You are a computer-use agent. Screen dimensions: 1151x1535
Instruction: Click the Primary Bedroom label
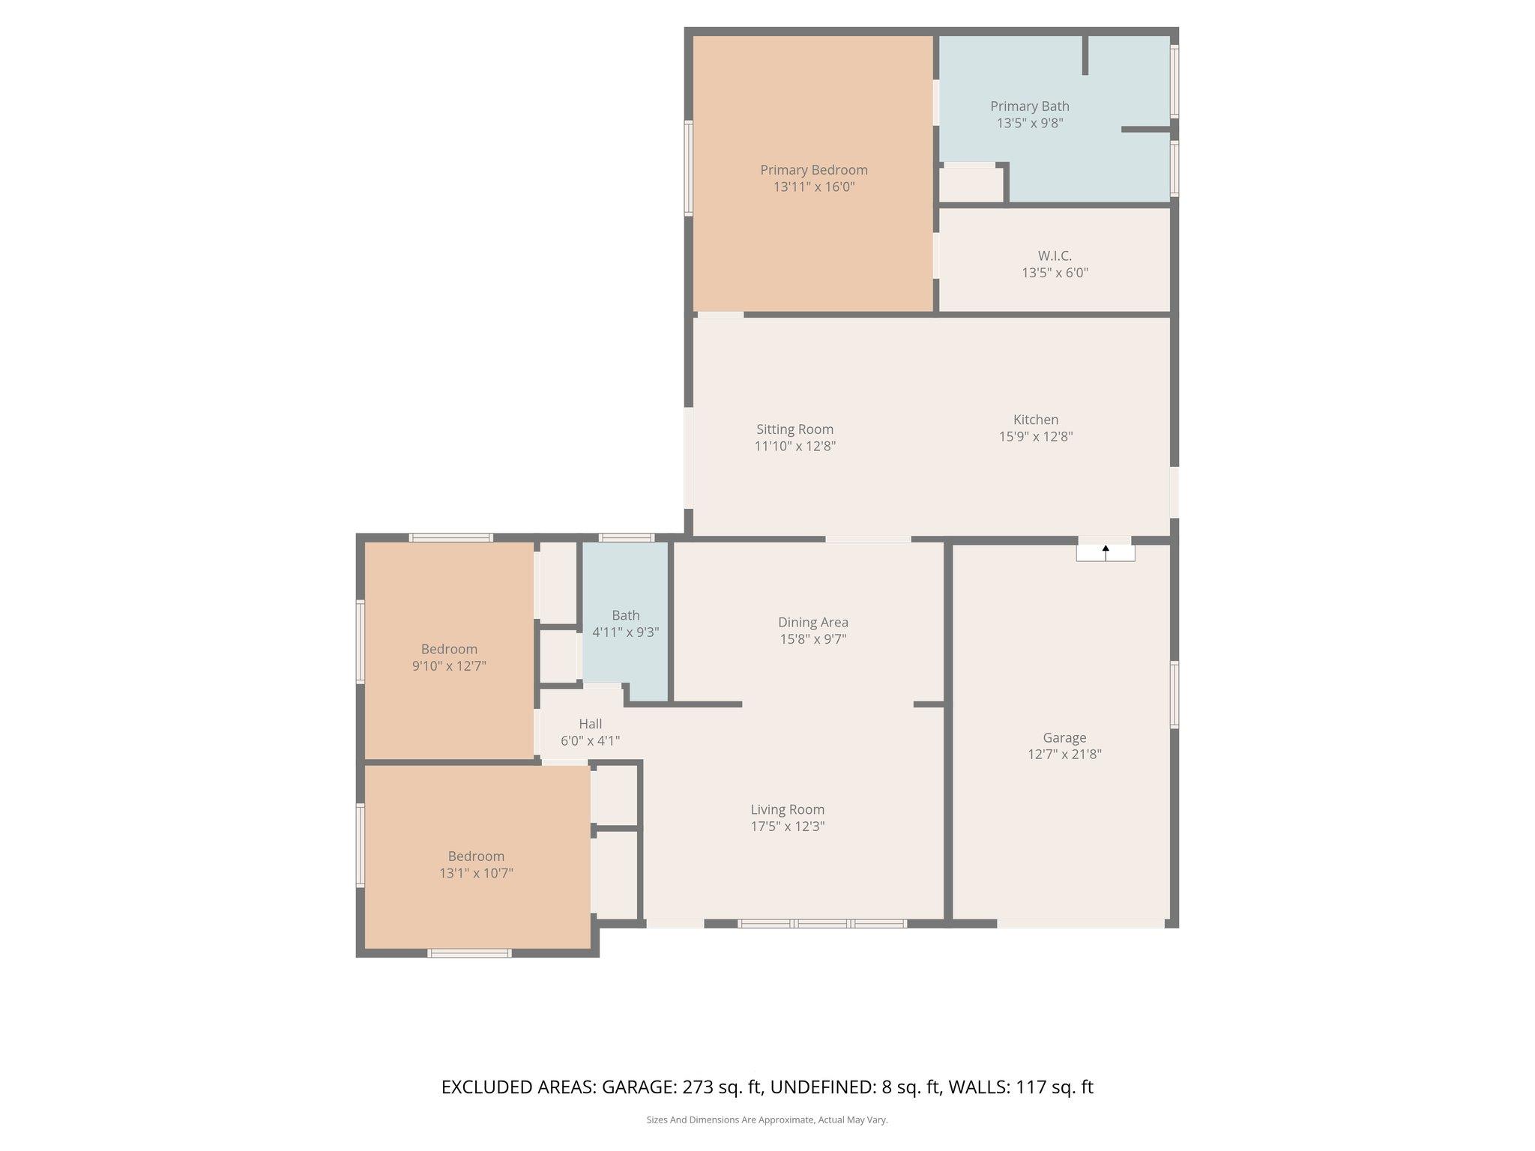(814, 170)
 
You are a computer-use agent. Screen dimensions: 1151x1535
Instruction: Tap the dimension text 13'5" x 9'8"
(1030, 124)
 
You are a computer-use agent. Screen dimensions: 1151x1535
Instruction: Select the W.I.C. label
(1055, 256)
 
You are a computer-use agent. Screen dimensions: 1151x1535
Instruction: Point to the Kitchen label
(1036, 420)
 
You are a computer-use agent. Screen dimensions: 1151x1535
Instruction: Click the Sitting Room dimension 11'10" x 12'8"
(794, 447)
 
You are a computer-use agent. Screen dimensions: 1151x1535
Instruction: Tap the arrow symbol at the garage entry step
(1106, 551)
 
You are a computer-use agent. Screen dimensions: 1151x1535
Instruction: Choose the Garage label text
(1064, 737)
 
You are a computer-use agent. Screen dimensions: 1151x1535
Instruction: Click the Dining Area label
(813, 622)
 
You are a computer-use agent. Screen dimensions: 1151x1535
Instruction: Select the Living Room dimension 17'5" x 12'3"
(787, 827)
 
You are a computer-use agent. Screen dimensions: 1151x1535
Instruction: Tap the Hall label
(590, 724)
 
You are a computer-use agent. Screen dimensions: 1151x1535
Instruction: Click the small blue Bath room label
(625, 615)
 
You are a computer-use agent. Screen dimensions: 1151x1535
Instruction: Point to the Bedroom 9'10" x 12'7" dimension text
(449, 665)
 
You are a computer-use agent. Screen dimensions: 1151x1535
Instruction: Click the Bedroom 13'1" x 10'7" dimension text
(476, 873)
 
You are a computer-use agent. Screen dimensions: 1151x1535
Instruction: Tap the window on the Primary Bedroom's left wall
(688, 169)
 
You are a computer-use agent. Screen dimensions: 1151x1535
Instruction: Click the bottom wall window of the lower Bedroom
(469, 953)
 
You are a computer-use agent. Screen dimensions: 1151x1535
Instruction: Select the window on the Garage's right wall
(1174, 695)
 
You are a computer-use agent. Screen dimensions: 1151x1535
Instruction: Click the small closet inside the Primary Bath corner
(971, 184)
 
